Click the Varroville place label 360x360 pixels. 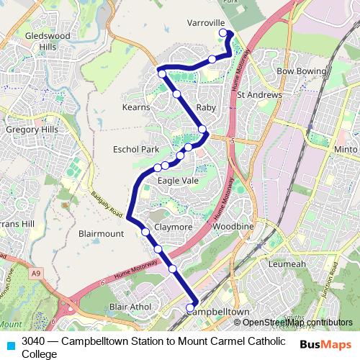(207, 23)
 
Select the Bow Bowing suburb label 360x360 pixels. (297, 72)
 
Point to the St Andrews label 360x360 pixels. (259, 94)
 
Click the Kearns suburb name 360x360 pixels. (136, 107)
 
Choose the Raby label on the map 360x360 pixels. (206, 107)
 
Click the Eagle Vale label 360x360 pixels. (178, 181)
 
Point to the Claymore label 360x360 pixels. (173, 227)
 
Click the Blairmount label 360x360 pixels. (101, 234)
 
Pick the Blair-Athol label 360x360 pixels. (130, 307)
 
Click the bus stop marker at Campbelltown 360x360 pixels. (191, 308)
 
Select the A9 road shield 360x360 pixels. (37, 273)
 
